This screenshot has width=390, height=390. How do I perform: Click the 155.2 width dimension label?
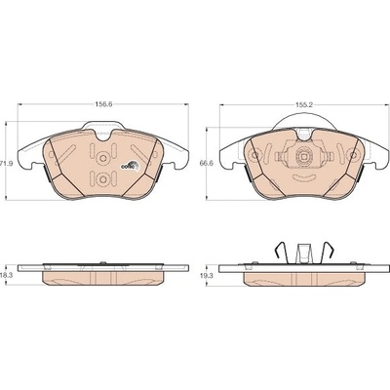pyautogui.click(x=304, y=105)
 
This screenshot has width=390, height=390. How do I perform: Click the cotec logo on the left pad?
pyautogui.click(x=130, y=165)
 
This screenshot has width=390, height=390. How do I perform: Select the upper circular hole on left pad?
pyautogui.click(x=103, y=158)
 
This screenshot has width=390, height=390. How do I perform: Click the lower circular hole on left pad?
pyautogui.click(x=103, y=179)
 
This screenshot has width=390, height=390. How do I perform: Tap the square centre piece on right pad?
pyautogui.click(x=304, y=157)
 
